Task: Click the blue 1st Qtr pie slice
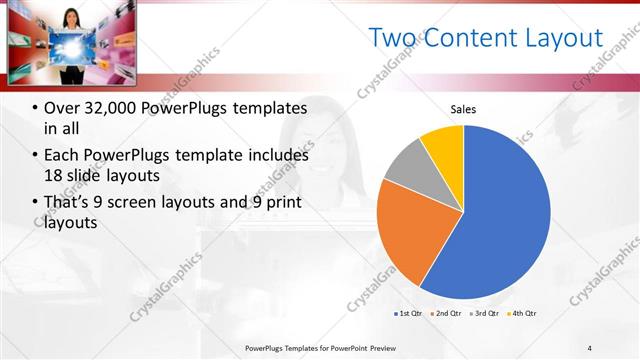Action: pyautogui.click(x=500, y=210)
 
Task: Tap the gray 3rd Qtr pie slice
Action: pyautogui.click(x=408, y=164)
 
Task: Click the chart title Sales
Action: pyautogui.click(x=463, y=109)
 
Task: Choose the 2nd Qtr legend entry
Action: pyautogui.click(x=445, y=314)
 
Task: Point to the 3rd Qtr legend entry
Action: pyautogui.click(x=485, y=314)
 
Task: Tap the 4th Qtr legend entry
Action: pyautogui.click(x=523, y=314)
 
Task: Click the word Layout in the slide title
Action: pyautogui.click(x=560, y=38)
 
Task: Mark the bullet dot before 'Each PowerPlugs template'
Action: pyautogui.click(x=35, y=156)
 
